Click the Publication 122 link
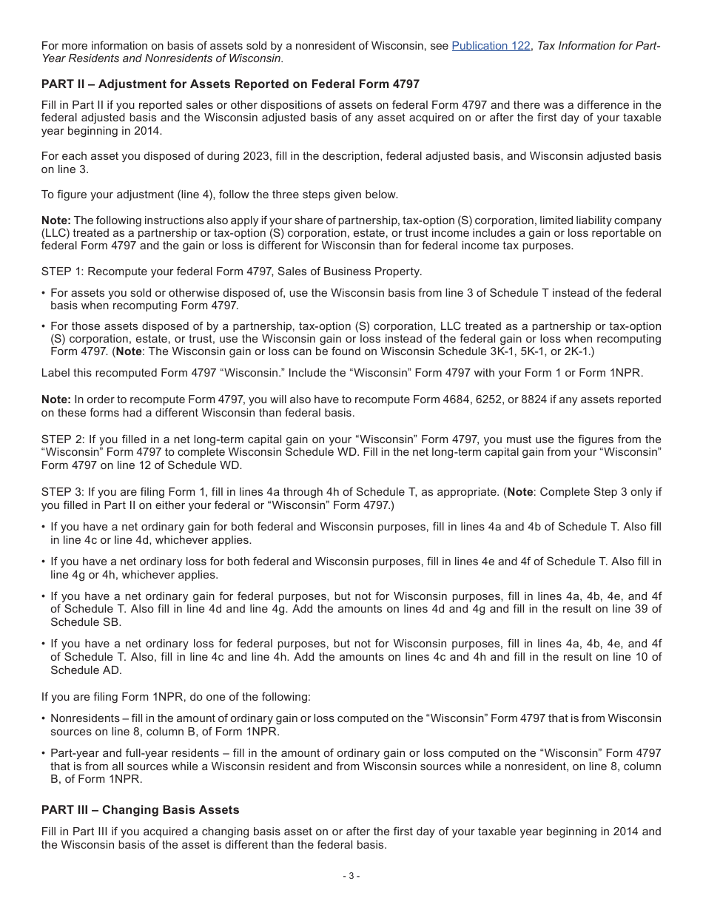tap(491, 46)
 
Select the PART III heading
tap(140, 809)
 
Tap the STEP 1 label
tap(63, 272)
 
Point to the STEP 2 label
tap(63, 439)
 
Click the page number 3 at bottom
tap(351, 876)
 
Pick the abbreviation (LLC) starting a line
tap(55, 233)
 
